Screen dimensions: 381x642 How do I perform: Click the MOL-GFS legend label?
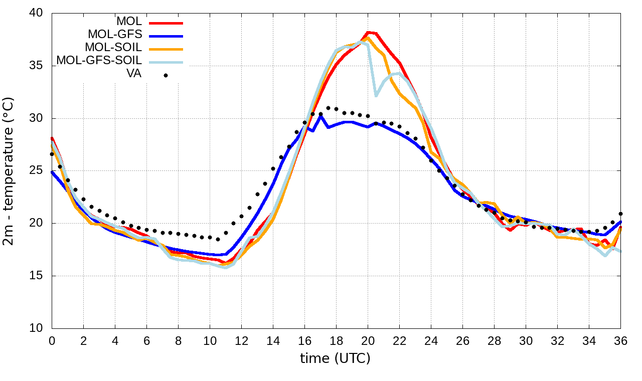(115, 35)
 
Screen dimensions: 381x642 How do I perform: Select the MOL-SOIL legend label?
(113, 48)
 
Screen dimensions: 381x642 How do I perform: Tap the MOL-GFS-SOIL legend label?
(99, 61)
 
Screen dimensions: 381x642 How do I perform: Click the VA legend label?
(134, 74)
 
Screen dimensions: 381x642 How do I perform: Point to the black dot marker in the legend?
(166, 75)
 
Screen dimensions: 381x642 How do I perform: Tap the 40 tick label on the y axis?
(36, 14)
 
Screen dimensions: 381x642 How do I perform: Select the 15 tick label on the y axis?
(36, 276)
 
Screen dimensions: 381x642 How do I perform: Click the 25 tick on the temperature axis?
(36, 171)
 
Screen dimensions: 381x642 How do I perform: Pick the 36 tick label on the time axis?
(621, 341)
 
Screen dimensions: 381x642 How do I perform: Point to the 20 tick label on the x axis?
(368, 341)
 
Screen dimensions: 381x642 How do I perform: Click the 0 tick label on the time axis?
(52, 341)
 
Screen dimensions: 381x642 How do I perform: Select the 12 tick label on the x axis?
(241, 341)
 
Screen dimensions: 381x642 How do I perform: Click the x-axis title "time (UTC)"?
(335, 358)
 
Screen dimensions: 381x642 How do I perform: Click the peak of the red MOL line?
(368, 32)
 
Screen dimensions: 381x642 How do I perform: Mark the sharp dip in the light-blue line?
(376, 95)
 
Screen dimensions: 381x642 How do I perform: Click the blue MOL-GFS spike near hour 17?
(320, 116)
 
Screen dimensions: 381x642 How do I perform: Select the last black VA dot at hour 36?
(620, 214)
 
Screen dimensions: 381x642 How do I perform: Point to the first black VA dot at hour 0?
(52, 154)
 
